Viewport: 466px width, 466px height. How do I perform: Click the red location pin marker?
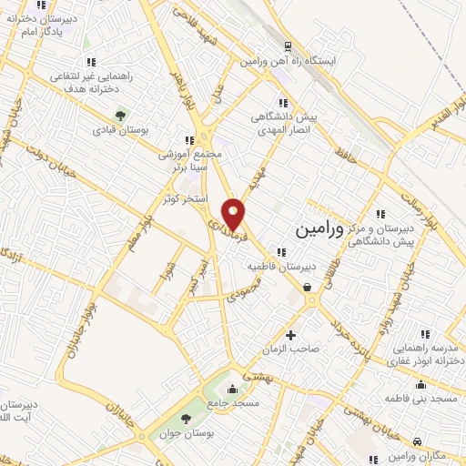point(235,214)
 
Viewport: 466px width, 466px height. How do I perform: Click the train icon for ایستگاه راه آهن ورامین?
point(288,46)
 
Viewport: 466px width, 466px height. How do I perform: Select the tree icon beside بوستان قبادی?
point(118,115)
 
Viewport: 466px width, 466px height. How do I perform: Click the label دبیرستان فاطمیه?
point(283,268)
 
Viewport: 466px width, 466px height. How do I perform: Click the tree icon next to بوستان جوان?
point(187,419)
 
